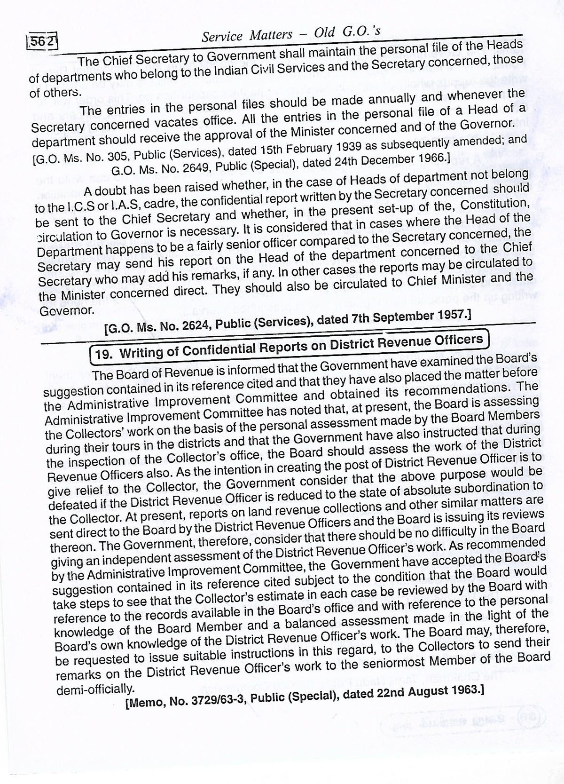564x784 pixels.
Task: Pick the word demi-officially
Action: click(95, 690)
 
